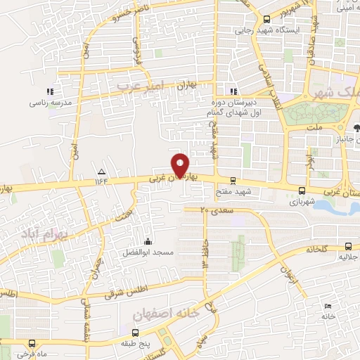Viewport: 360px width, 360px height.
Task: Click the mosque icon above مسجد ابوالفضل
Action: click(146, 241)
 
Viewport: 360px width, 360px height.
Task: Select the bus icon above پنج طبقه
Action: click(134, 332)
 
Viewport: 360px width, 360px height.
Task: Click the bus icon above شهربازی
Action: click(302, 190)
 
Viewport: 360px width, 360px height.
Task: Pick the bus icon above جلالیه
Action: click(349, 245)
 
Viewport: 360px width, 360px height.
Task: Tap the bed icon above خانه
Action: click(328, 306)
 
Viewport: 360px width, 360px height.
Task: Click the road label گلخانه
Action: click(318, 249)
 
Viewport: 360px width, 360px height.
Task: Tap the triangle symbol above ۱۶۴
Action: click(101, 172)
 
